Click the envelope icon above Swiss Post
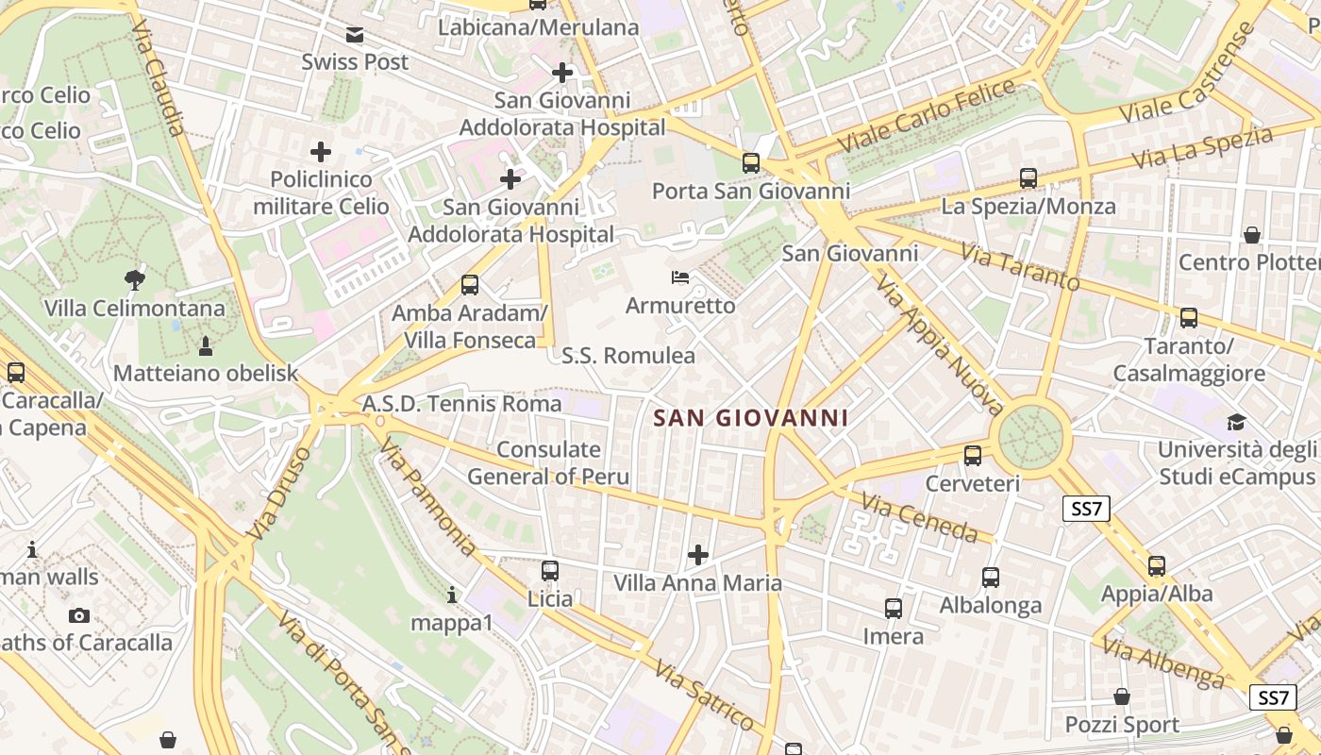pyautogui.click(x=355, y=35)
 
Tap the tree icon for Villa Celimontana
pyautogui.click(x=135, y=278)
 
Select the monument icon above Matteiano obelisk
pyautogui.click(x=206, y=344)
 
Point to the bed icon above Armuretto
pyautogui.click(x=679, y=277)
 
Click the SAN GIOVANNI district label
pyautogui.click(x=751, y=418)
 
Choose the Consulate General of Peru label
pyautogui.click(x=548, y=462)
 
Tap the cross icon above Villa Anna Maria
pyautogui.click(x=698, y=554)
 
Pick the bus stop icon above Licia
pyautogui.click(x=550, y=570)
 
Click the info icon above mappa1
pyautogui.click(x=452, y=595)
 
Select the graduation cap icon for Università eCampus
pyautogui.click(x=1236, y=421)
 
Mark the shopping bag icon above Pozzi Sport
pyautogui.click(x=1122, y=696)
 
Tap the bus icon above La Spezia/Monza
pyautogui.click(x=1028, y=176)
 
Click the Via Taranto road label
pyautogui.click(x=1021, y=267)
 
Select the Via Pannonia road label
pyautogui.click(x=428, y=496)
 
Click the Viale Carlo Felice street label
pyautogui.click(x=928, y=117)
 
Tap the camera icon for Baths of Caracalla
pyautogui.click(x=79, y=615)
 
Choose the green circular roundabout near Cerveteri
pyautogui.click(x=1030, y=436)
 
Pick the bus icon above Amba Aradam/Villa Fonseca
pyautogui.click(x=469, y=284)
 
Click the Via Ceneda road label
pyautogui.click(x=920, y=519)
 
